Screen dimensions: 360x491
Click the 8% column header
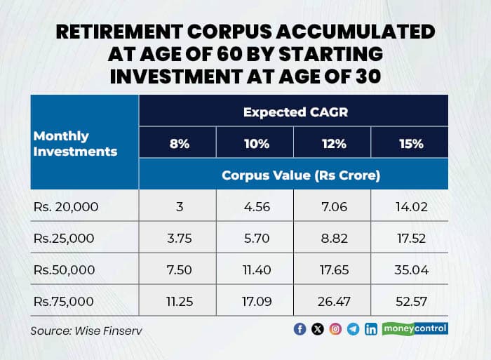tap(177, 144)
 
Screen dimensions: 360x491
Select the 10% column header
tap(257, 144)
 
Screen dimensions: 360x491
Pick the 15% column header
tap(410, 144)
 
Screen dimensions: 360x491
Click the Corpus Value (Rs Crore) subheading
tap(301, 175)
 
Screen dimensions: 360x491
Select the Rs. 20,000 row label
tap(67, 207)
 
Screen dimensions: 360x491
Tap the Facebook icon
tap(300, 329)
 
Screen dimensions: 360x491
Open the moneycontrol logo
tap(415, 328)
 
